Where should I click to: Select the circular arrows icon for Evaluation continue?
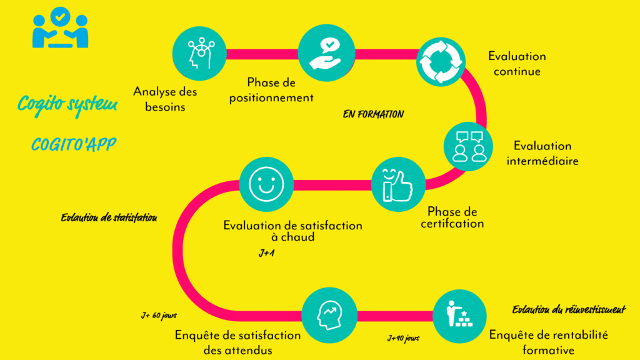click(441, 61)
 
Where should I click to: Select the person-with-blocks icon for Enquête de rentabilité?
click(460, 316)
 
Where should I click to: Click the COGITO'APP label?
click(74, 145)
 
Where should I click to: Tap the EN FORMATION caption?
click(373, 115)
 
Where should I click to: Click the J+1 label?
click(267, 254)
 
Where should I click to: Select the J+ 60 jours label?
click(159, 316)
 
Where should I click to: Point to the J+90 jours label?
click(403, 338)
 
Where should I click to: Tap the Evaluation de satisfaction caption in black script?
click(109, 218)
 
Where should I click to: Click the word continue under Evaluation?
click(517, 71)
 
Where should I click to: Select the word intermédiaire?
click(542, 161)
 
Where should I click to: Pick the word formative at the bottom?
click(548, 350)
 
